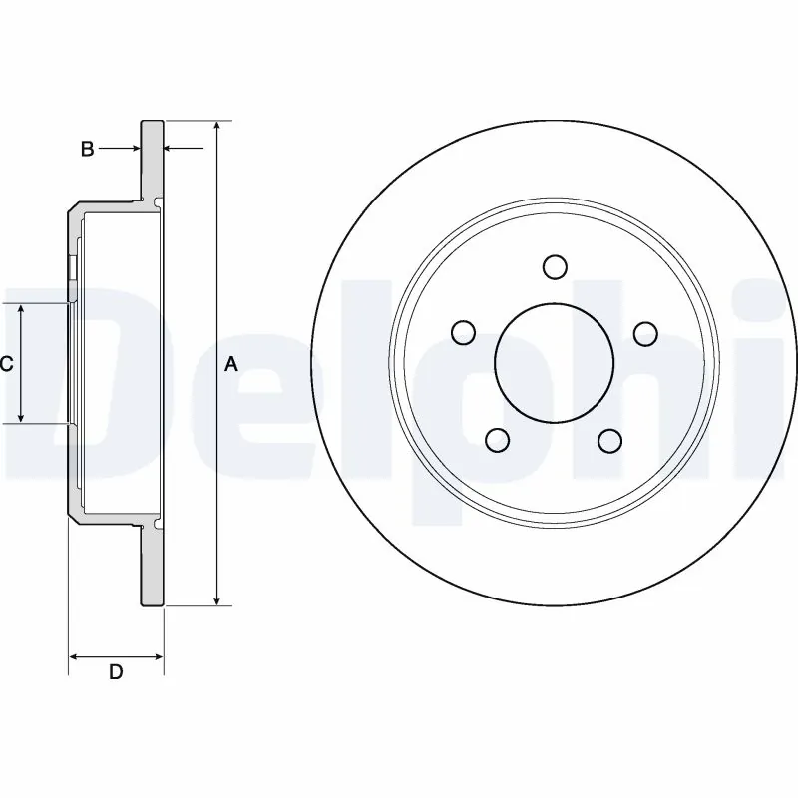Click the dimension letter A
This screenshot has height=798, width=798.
point(231,365)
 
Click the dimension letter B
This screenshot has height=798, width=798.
point(88,149)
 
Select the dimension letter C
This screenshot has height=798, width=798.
point(6,365)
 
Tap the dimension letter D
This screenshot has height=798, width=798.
point(116,672)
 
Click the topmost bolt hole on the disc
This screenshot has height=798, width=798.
point(556,266)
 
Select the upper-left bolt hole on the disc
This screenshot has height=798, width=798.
point(463,332)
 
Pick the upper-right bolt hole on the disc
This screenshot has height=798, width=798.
point(646,332)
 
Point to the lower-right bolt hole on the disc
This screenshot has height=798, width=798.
point(611,440)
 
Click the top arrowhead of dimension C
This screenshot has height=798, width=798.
point(22,309)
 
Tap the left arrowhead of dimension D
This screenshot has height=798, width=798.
point(74,656)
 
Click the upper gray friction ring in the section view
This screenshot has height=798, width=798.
point(151,160)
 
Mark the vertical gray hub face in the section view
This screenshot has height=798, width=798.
point(72,364)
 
